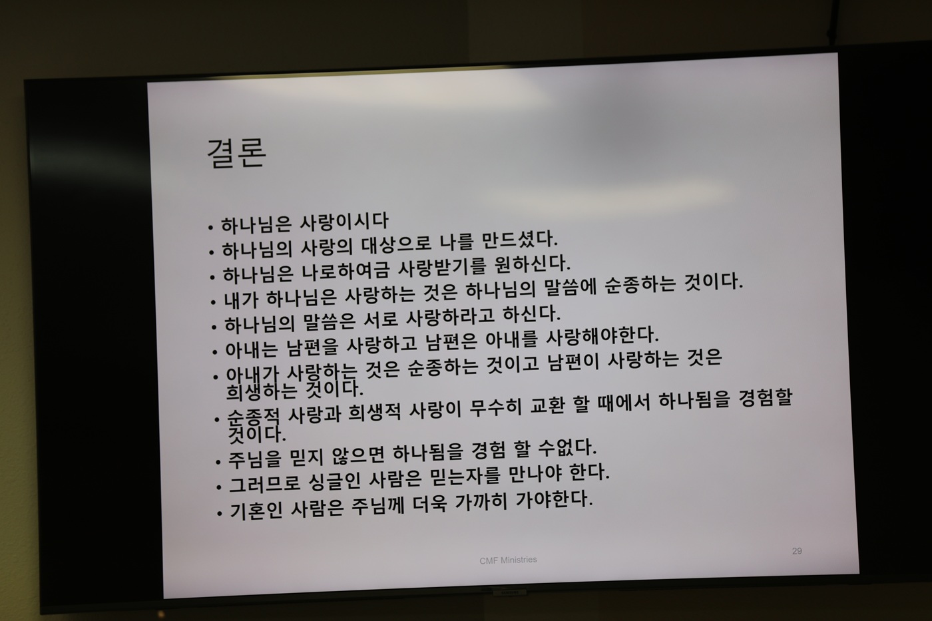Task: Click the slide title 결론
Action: [236, 152]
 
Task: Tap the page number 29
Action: [797, 551]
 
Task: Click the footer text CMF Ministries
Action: [508, 560]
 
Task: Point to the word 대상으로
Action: [397, 244]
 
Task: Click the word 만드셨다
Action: [519, 240]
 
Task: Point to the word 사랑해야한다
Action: [602, 337]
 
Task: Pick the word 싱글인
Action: [334, 482]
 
